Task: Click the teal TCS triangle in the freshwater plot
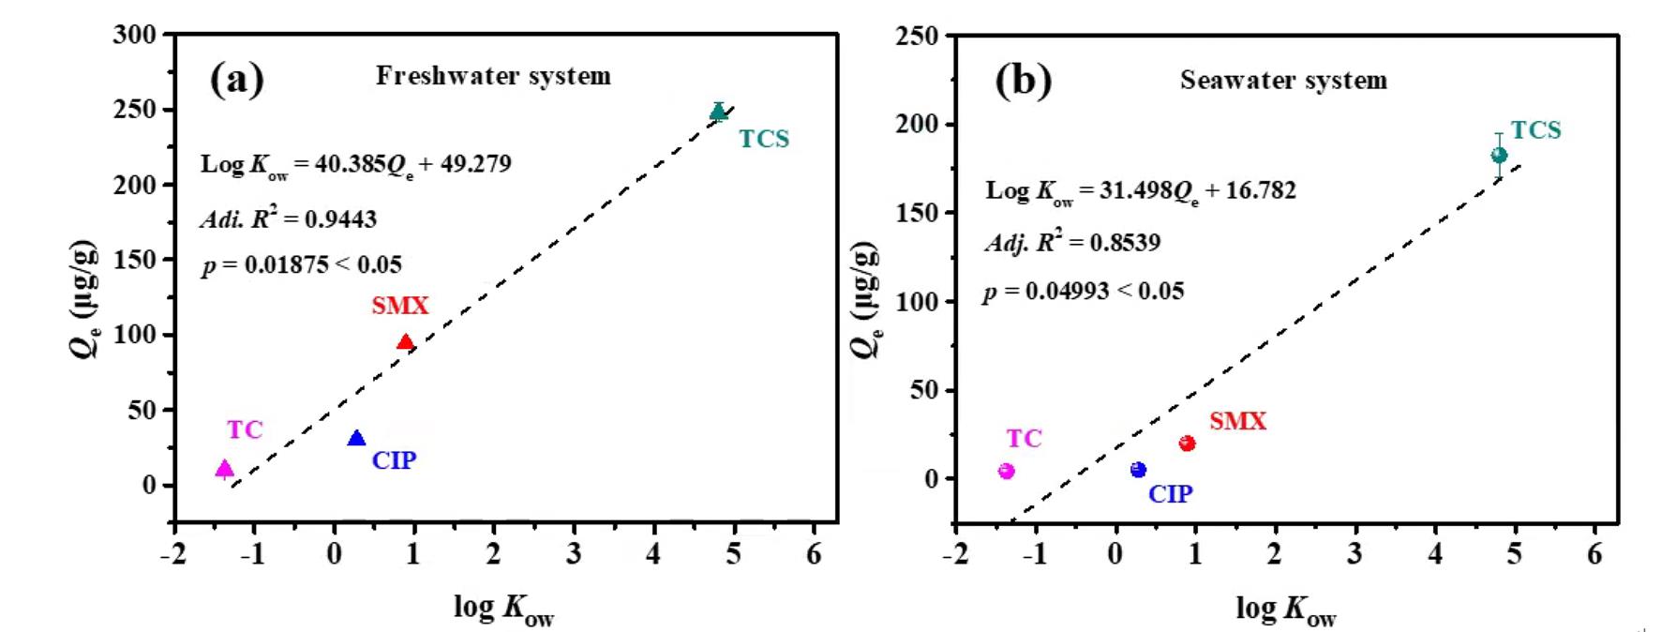(719, 113)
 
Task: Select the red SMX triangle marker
(405, 342)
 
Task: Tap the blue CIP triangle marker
(356, 439)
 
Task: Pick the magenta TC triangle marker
(225, 469)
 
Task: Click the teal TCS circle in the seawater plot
(1499, 155)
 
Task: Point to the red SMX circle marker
(1187, 444)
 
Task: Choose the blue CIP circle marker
(1138, 470)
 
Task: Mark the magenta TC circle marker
(1007, 471)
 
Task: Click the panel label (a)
(237, 80)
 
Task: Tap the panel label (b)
(1023, 82)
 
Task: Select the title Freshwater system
(493, 76)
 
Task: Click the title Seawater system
(1283, 81)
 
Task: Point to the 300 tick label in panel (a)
(135, 36)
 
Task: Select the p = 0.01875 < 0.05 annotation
(301, 266)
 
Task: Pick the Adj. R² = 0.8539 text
(1071, 243)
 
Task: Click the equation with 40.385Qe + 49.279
(355, 165)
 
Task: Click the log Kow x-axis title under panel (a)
(503, 609)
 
